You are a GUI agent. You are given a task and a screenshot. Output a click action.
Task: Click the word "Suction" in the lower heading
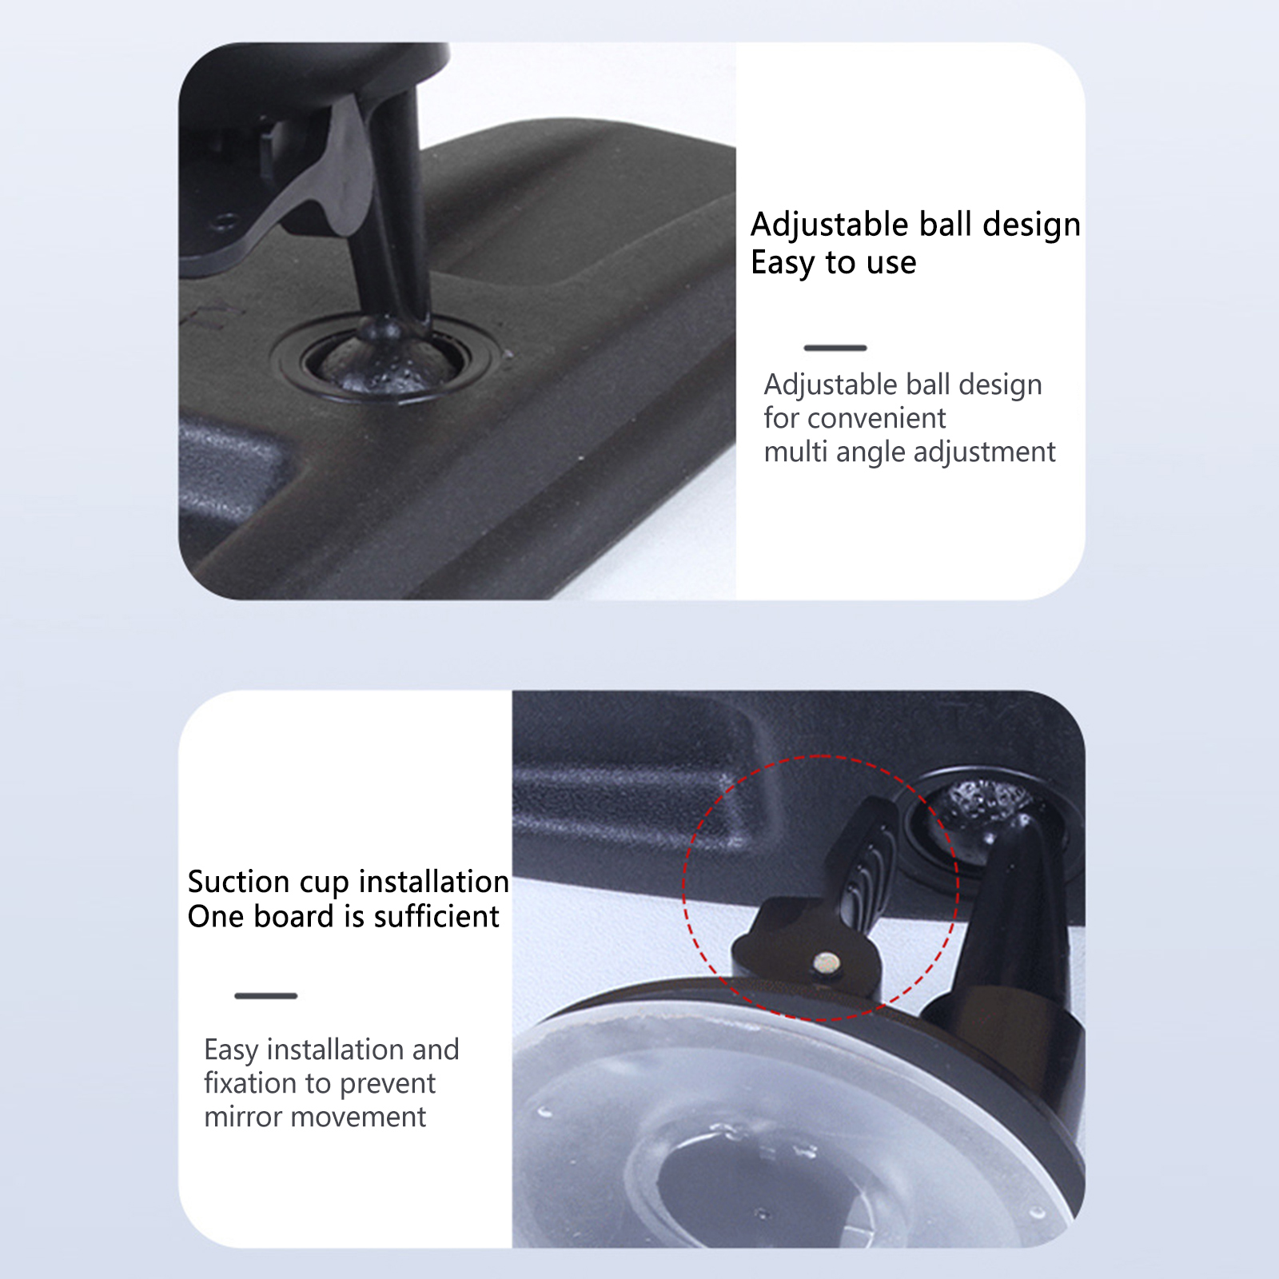tap(238, 882)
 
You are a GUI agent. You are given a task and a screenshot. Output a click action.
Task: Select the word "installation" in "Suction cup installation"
tap(434, 882)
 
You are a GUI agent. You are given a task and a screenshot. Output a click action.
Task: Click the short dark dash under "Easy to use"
tap(835, 348)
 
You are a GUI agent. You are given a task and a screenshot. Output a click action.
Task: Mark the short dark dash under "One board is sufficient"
tap(266, 996)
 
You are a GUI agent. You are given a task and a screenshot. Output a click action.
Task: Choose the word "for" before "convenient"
tap(782, 418)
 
